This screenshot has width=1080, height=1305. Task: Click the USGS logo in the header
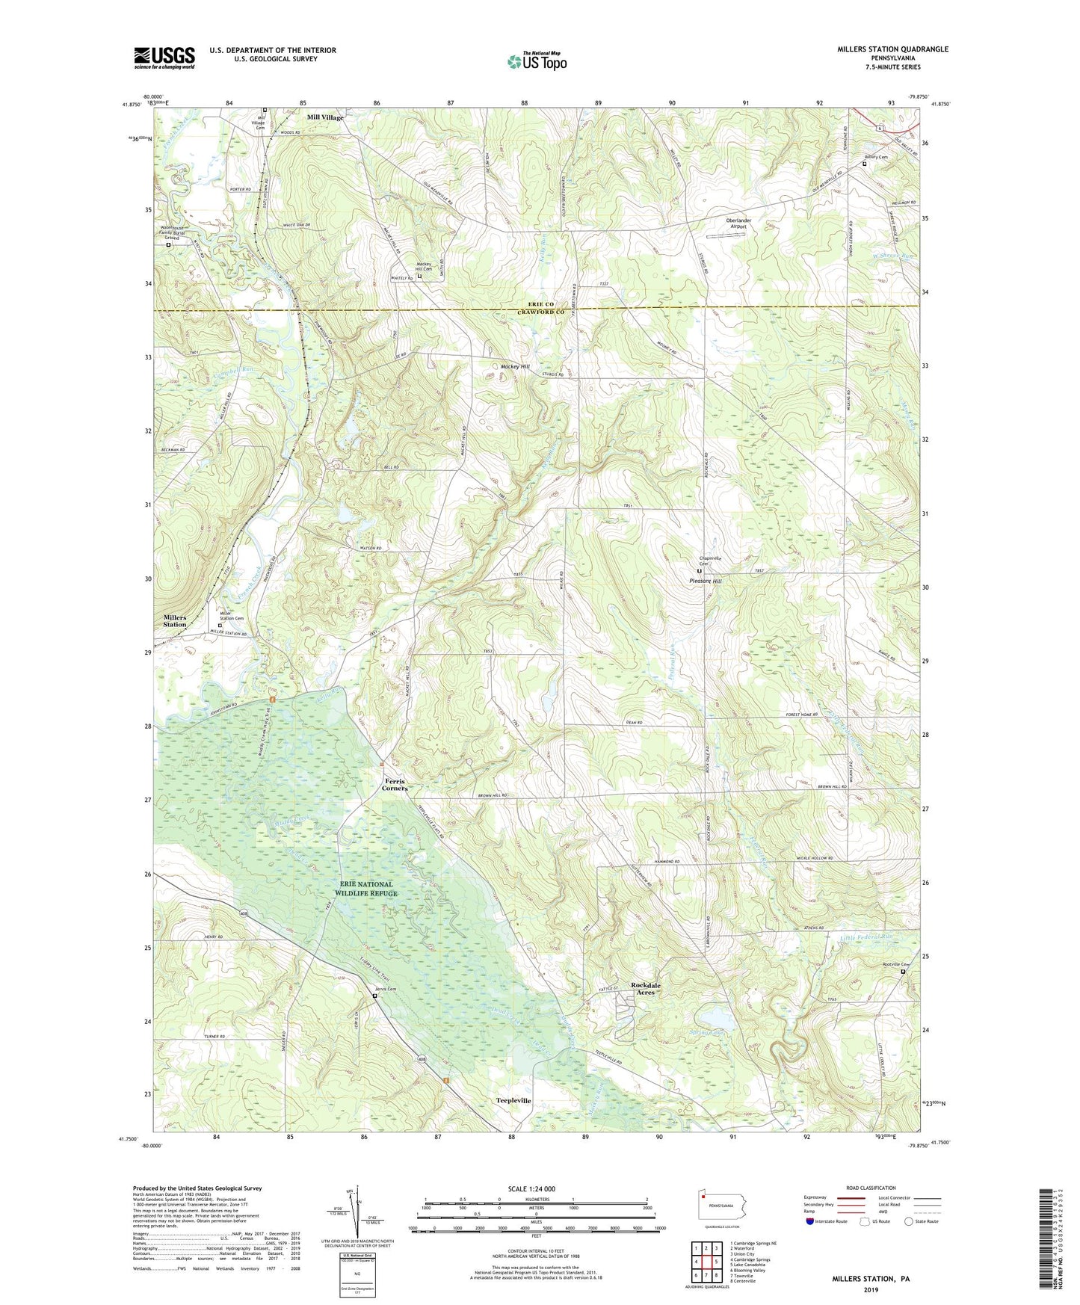click(164, 58)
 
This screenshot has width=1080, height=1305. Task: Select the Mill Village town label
click(325, 118)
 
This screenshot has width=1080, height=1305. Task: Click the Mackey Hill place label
click(514, 367)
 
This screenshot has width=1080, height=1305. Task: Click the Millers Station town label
click(175, 620)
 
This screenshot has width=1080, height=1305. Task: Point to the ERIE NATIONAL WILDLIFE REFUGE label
click(365, 889)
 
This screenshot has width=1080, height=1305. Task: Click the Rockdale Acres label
click(645, 989)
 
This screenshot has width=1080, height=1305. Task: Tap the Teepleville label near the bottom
click(513, 1101)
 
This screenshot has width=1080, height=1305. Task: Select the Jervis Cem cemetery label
click(386, 990)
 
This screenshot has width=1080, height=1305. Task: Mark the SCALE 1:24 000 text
click(531, 1188)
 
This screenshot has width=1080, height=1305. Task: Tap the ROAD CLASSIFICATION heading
click(871, 1188)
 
